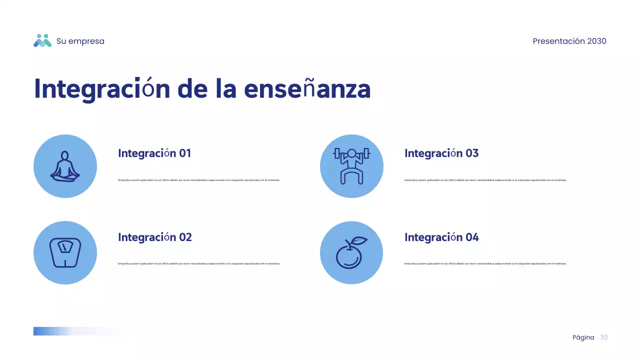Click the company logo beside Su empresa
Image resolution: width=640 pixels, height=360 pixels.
(42, 41)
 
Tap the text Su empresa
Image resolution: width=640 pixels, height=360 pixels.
(80, 41)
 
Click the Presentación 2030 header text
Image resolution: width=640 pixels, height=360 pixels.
(569, 41)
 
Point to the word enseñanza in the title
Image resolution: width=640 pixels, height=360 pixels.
(307, 89)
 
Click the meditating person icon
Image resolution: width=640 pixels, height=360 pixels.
(65, 166)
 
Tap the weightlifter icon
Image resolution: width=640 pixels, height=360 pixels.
(351, 166)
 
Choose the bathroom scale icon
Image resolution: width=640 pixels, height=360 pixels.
(65, 252)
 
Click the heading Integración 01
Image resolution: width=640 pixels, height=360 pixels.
(154, 153)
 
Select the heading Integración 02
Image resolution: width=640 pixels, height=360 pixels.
(155, 237)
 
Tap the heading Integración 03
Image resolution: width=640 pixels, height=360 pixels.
(441, 153)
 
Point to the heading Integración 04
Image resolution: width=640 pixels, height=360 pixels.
(441, 237)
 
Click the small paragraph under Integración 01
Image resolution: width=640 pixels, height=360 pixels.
(198, 180)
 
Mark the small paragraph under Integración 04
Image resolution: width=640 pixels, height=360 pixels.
(485, 263)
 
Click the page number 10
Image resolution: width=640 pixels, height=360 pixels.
(604, 337)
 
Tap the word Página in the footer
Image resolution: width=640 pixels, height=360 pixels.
(583, 337)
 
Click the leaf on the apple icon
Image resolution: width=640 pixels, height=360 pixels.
(360, 240)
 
